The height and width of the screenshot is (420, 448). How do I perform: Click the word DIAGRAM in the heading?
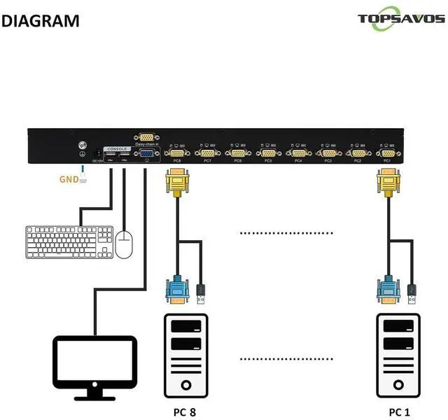click(41, 20)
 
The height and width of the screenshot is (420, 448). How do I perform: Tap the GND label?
click(68, 178)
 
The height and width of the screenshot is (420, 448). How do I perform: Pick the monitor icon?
click(95, 365)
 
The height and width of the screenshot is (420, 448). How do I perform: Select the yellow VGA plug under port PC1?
click(387, 187)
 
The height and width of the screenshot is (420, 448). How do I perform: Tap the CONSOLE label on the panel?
click(116, 149)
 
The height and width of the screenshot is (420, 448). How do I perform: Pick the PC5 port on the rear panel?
click(267, 152)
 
